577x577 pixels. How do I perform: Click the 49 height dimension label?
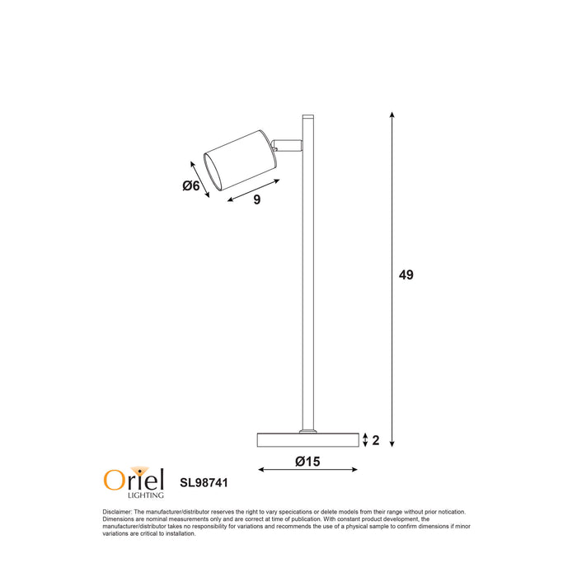[x=406, y=275]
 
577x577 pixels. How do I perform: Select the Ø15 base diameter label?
[x=307, y=462]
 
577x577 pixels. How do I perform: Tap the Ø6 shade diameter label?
[x=191, y=186]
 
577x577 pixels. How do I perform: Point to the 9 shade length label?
[x=257, y=199]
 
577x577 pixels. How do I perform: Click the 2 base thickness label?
[x=376, y=440]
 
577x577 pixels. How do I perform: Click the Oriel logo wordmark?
[x=133, y=479]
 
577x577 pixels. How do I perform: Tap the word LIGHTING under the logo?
[x=145, y=495]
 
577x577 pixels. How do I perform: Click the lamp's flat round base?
[x=308, y=440]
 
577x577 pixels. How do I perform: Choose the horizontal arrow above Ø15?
[x=308, y=471]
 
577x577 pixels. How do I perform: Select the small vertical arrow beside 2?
[x=365, y=440]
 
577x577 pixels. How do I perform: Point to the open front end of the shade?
[x=213, y=170]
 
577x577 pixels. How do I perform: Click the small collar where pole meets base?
[x=308, y=429]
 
